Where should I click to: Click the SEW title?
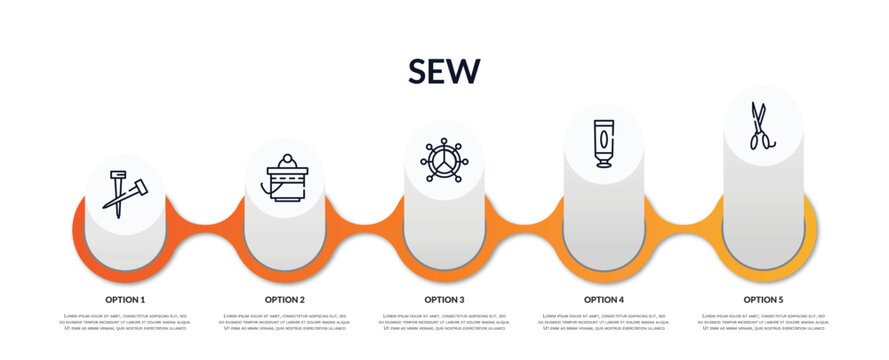[x=444, y=71]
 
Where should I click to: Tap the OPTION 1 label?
[x=125, y=299]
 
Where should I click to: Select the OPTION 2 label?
[x=285, y=299]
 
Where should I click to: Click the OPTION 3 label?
[x=444, y=299]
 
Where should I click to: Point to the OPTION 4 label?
[x=604, y=299]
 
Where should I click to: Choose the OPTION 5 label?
[x=763, y=299]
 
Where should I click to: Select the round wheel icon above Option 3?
[x=444, y=160]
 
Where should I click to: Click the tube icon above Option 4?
[x=604, y=143]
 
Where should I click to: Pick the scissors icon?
[x=763, y=126]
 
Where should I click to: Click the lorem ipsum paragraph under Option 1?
[x=125, y=323]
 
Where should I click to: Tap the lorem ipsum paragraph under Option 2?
[x=285, y=323]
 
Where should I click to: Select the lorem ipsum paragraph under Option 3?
[x=444, y=323]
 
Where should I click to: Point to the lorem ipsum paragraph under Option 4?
[x=604, y=323]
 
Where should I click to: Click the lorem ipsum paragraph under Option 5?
[x=763, y=323]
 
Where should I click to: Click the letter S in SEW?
[x=418, y=71]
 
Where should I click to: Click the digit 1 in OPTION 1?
[x=142, y=299]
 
